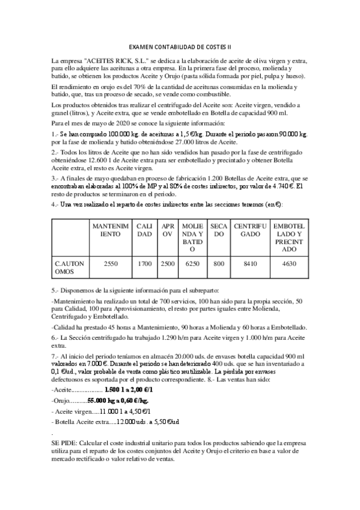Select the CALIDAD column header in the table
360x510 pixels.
145,229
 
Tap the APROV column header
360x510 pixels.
168,229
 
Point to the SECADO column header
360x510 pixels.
219,229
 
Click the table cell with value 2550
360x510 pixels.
111,263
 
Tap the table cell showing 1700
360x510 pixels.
145,263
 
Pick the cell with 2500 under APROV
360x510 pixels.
168,263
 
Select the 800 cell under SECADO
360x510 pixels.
219,263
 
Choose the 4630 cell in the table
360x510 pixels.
288,263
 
